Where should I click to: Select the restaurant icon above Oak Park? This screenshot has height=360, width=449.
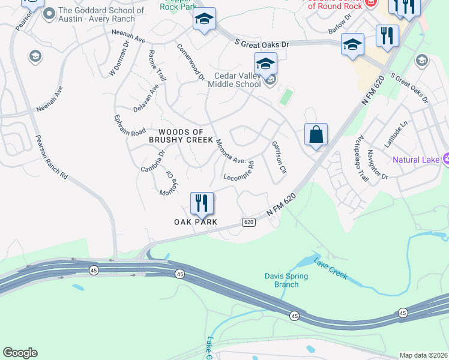pyautogui.click(x=202, y=203)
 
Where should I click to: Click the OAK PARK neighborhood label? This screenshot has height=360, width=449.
pyautogui.click(x=196, y=222)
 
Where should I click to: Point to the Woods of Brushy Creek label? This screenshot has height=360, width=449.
pyautogui.click(x=185, y=136)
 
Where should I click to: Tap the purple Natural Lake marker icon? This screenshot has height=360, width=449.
pyautogui.click(x=446, y=159)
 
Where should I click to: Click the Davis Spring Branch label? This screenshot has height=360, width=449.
pyautogui.click(x=286, y=280)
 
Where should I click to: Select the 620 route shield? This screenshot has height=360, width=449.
pyautogui.click(x=249, y=222)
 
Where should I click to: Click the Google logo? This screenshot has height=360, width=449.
pyautogui.click(x=20, y=353)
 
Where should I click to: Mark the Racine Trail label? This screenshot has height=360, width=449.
pyautogui.click(x=157, y=66)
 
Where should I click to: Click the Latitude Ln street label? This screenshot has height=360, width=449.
pyautogui.click(x=396, y=134)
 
